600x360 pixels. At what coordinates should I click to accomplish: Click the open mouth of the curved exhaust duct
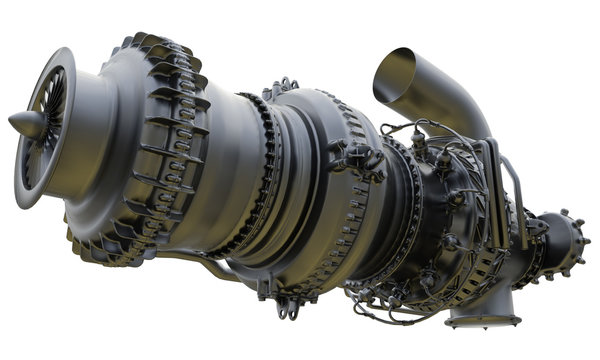point(392,70)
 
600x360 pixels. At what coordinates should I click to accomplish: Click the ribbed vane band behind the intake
point(160,150)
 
